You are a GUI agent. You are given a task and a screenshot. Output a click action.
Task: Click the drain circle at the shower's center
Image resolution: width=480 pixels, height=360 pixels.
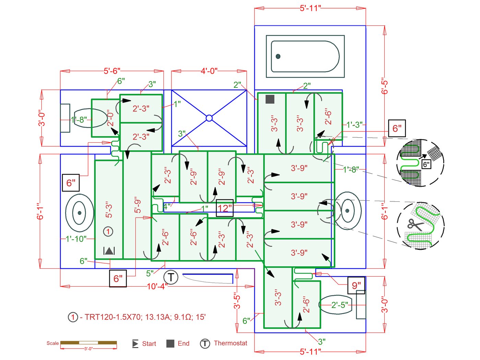coord(209,118)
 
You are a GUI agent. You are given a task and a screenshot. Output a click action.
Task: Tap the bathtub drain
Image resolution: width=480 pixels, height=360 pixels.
coord(278,57)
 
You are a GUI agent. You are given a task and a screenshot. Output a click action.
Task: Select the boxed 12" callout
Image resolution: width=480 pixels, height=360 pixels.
coord(225,208)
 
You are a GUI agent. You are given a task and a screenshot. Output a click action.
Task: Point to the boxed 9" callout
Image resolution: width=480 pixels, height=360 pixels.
coord(356,286)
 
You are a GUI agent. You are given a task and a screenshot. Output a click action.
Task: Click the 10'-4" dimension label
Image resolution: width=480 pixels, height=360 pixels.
coord(157,286)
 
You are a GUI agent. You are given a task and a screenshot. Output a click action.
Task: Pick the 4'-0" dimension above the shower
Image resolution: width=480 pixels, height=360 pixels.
coord(209,71)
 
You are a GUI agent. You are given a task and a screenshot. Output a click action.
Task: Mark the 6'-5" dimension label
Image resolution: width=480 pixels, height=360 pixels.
coord(384,86)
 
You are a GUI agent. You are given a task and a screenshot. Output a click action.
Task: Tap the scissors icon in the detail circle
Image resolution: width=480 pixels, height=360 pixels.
coord(415,225)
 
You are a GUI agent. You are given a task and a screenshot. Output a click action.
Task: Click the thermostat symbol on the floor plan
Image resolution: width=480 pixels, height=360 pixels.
coord(171,277)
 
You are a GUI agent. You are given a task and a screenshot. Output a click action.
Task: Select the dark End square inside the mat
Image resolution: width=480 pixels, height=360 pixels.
coord(270,99)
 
